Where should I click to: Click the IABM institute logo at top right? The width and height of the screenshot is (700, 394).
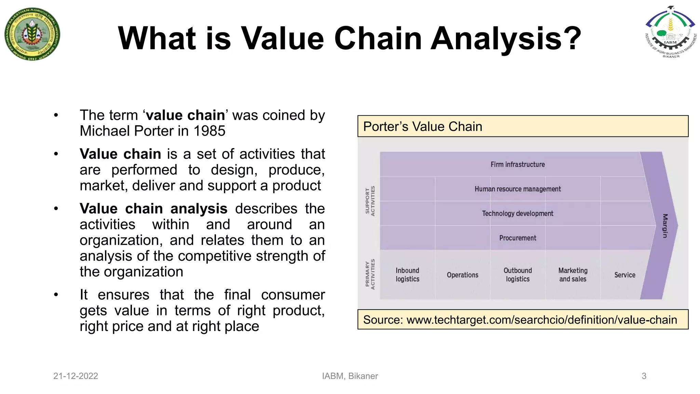[x=670, y=32]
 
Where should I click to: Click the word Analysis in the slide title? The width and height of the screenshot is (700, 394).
[x=506, y=38]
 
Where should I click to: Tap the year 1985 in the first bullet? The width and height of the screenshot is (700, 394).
[x=209, y=131]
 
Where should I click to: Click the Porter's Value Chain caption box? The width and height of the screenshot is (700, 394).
[x=523, y=127]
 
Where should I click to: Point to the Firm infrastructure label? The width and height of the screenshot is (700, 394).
[x=517, y=165]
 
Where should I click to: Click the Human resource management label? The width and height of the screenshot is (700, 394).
[x=517, y=189]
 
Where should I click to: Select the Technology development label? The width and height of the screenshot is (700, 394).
[x=517, y=214]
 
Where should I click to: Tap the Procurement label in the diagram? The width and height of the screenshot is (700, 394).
[x=517, y=238]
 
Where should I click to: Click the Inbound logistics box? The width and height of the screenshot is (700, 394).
[x=407, y=275]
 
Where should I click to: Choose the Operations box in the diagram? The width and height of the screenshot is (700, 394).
[x=462, y=275]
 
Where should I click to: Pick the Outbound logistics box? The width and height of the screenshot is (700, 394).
[x=517, y=275]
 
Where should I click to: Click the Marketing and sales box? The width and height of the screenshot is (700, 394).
[x=573, y=275]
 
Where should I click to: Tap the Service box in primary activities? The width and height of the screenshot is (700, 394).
[x=624, y=275]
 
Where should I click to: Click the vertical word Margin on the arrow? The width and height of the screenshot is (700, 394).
[x=665, y=226]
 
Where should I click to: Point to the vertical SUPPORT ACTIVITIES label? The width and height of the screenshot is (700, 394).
[x=370, y=201]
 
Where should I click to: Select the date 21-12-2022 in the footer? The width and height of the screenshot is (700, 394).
[x=76, y=376]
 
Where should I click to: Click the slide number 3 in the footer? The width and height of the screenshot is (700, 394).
[x=644, y=376]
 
